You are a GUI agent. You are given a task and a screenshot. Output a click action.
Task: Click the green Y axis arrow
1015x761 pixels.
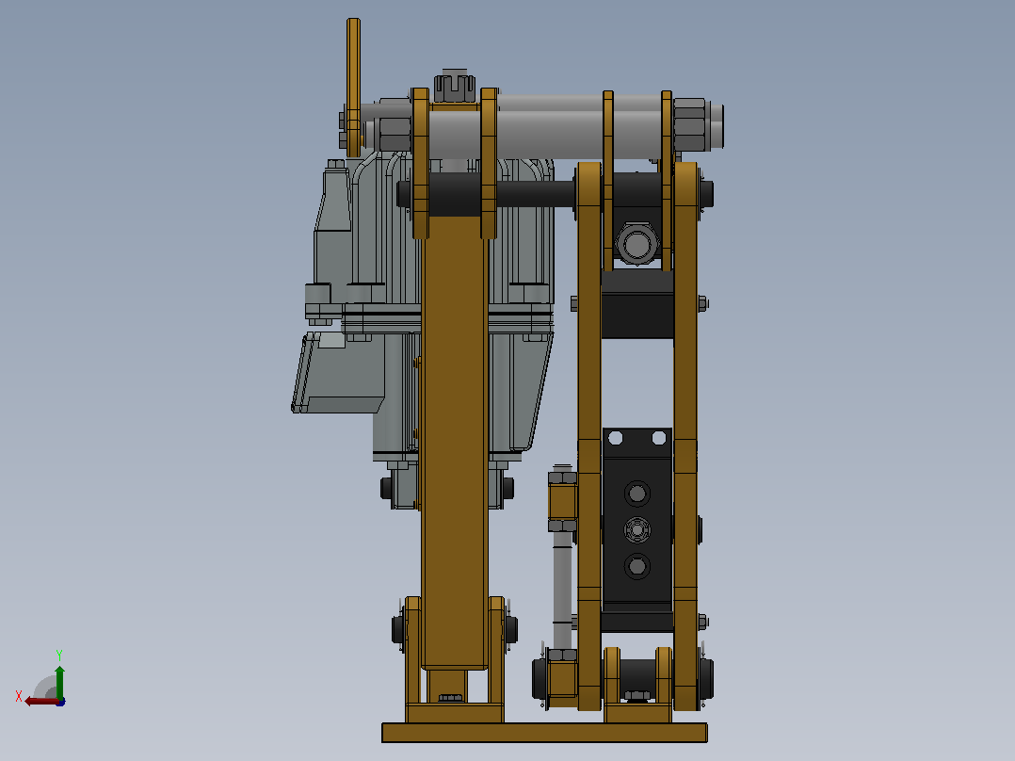(59, 681)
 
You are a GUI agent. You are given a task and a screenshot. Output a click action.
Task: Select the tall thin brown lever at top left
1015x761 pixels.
(353, 88)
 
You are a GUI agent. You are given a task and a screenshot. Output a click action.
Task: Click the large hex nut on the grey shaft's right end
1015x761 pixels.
(690, 125)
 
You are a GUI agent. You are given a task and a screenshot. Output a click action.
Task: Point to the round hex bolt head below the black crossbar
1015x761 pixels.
(636, 244)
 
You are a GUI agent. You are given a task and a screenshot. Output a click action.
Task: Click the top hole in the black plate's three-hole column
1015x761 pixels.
(636, 494)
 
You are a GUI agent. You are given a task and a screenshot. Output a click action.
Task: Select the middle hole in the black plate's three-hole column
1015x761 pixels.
(636, 530)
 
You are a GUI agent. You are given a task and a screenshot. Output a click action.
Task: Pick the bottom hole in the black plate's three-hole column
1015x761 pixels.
(636, 566)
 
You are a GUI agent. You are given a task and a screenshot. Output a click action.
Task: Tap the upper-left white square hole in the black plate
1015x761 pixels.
(616, 439)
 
